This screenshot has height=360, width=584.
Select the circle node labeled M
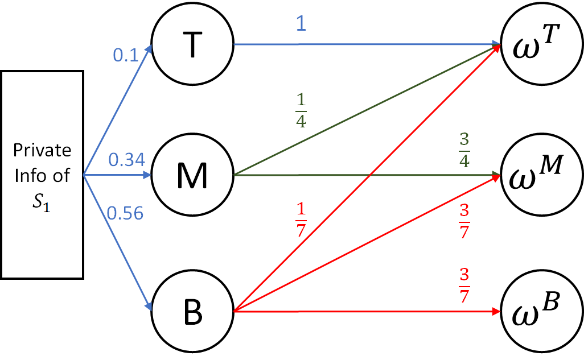[x=194, y=175]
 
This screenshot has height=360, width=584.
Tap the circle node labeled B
[x=194, y=311]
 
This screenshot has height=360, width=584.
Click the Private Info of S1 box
[x=43, y=175]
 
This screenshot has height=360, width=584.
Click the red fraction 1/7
[x=301, y=218]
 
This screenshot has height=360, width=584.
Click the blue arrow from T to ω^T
[x=364, y=44]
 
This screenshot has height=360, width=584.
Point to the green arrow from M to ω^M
[x=364, y=175]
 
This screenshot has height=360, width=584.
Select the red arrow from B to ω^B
[x=364, y=312]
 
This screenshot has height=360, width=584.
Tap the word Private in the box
[x=43, y=150]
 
